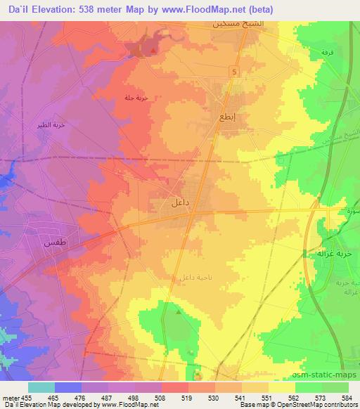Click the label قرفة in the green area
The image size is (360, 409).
pos(327,53)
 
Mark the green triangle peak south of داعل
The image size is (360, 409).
pos(178,311)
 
